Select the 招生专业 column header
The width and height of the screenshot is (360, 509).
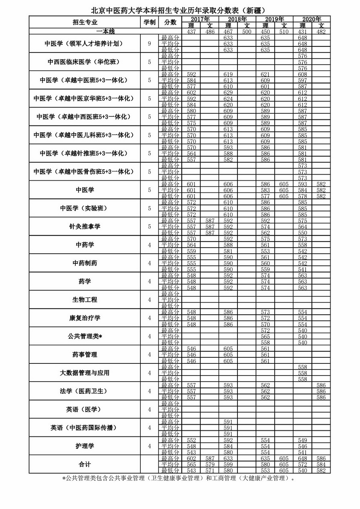85,22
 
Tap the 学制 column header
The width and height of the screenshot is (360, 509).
149,22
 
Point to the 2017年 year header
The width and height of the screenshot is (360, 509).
200,19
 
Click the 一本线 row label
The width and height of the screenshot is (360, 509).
106,31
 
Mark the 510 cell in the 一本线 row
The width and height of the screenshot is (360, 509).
284,31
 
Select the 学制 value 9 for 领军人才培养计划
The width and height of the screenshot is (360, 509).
149,44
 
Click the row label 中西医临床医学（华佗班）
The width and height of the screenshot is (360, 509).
85,62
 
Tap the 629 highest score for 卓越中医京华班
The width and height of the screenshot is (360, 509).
228,92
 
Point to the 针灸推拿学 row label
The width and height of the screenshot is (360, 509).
85,226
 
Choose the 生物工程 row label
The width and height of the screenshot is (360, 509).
85,300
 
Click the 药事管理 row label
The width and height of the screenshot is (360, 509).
85,355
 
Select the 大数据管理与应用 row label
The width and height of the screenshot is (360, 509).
85,373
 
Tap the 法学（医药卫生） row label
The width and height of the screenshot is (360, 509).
85,391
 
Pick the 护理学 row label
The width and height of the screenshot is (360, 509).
85,446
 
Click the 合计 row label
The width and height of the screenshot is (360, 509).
85,464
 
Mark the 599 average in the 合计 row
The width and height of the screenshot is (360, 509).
228,464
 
